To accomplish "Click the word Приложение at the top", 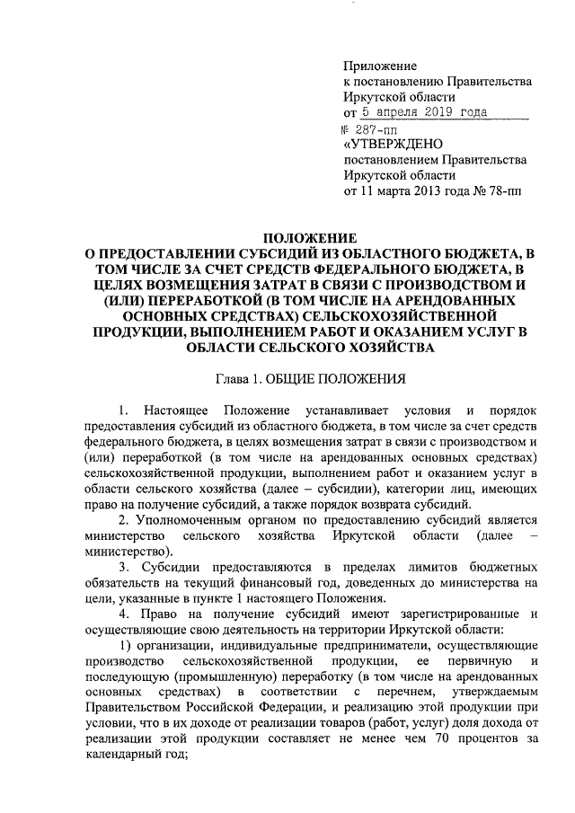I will tap(382, 66).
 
